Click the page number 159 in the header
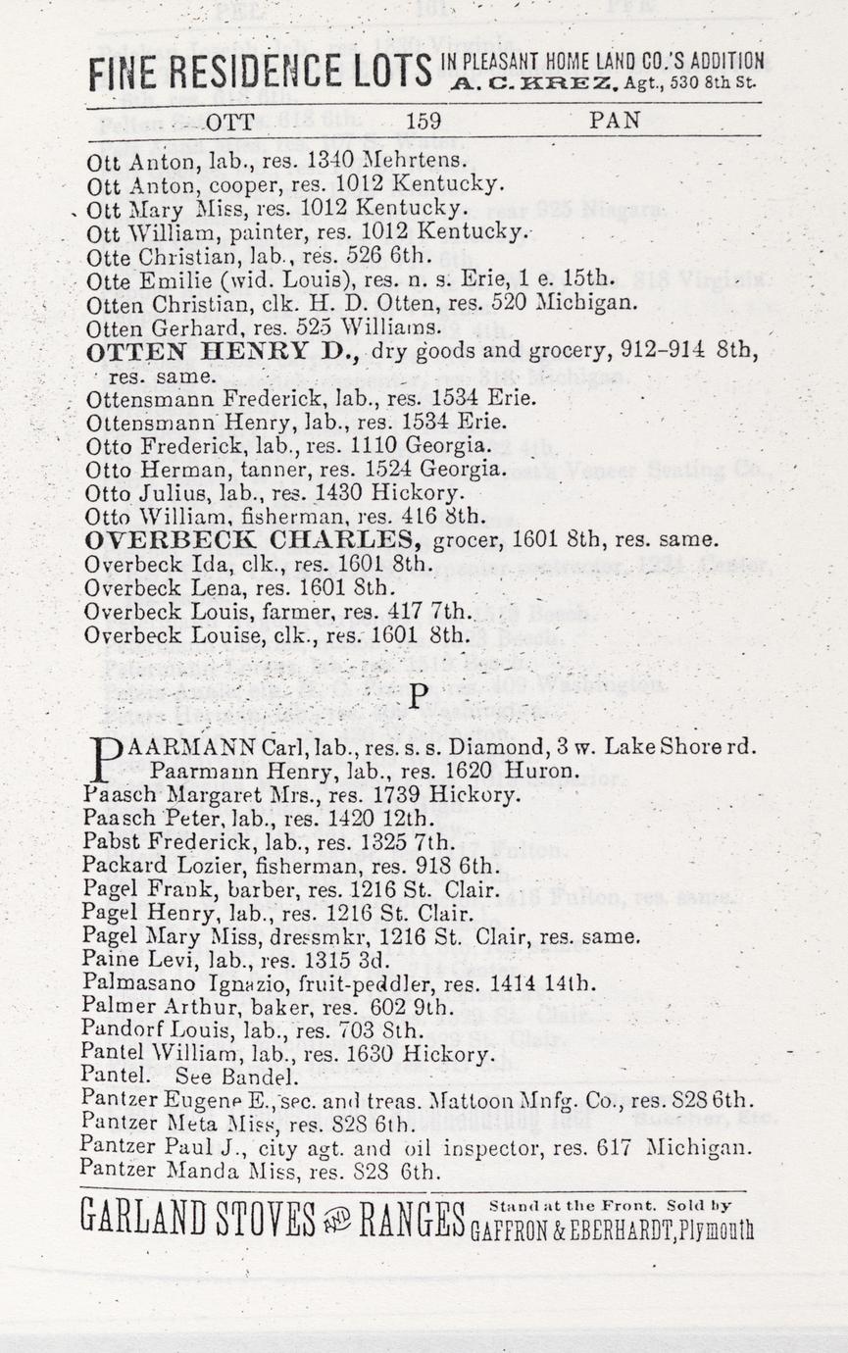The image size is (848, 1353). [424, 121]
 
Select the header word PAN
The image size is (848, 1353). [615, 121]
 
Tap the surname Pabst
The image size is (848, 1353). [105, 841]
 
